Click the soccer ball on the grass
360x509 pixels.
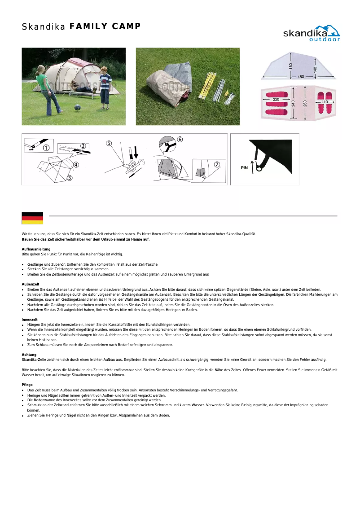(77, 108)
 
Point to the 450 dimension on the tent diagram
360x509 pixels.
(300, 77)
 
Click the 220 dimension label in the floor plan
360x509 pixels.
(276, 99)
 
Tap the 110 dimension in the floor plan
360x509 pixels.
(325, 102)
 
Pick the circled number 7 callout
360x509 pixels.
(217, 164)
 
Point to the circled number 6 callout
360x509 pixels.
(180, 139)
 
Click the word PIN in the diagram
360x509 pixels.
(244, 168)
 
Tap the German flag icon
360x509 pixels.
(32, 218)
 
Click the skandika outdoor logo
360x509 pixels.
(311, 33)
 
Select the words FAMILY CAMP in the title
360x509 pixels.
(105, 26)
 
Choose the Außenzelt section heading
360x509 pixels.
(31, 285)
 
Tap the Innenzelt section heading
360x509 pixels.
(30, 320)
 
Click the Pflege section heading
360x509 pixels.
(27, 385)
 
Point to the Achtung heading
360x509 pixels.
(29, 355)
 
